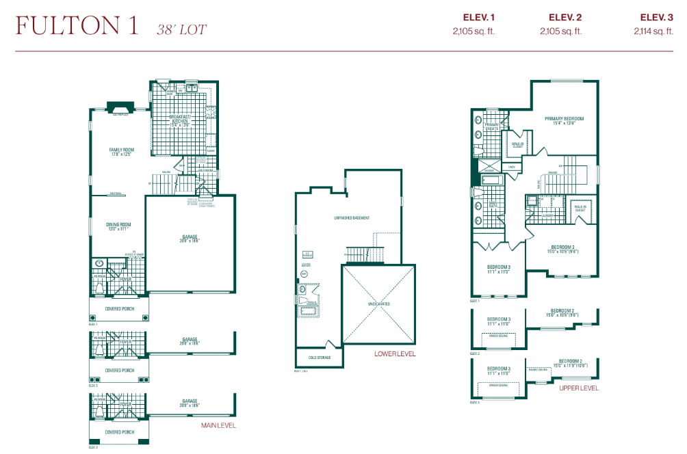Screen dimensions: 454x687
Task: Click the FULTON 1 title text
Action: tap(77, 26)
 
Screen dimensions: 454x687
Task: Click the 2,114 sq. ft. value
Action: tap(656, 31)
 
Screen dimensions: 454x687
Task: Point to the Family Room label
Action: tap(122, 150)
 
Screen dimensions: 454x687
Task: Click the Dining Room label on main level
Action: tap(118, 226)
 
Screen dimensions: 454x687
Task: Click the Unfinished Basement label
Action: tap(352, 218)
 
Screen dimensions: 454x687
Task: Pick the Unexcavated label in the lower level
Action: tap(378, 304)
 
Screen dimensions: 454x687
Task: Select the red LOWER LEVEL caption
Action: tap(395, 354)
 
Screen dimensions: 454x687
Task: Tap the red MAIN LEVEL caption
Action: tap(218, 425)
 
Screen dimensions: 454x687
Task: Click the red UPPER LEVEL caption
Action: tap(578, 388)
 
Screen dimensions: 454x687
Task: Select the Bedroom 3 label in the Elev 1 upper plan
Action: tap(499, 267)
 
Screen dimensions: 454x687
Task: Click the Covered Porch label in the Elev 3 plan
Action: tap(119, 432)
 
